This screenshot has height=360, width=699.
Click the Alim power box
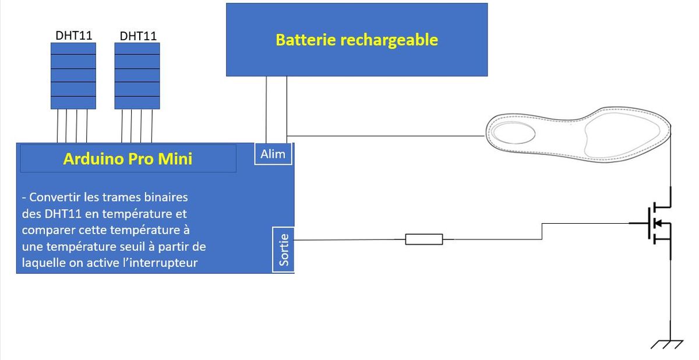click(273, 154)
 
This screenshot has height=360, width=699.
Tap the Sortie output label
click(284, 249)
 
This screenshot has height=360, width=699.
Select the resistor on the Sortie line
click(423, 239)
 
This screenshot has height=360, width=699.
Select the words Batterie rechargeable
click(356, 40)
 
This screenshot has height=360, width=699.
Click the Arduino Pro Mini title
click(128, 158)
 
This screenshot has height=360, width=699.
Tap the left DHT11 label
click(74, 35)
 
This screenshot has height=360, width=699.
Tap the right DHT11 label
click(138, 36)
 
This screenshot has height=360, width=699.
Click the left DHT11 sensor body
click(73, 75)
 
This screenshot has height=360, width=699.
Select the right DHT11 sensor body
click(137, 75)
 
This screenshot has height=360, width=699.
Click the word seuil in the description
click(132, 246)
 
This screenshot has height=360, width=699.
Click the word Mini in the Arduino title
click(175, 158)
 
